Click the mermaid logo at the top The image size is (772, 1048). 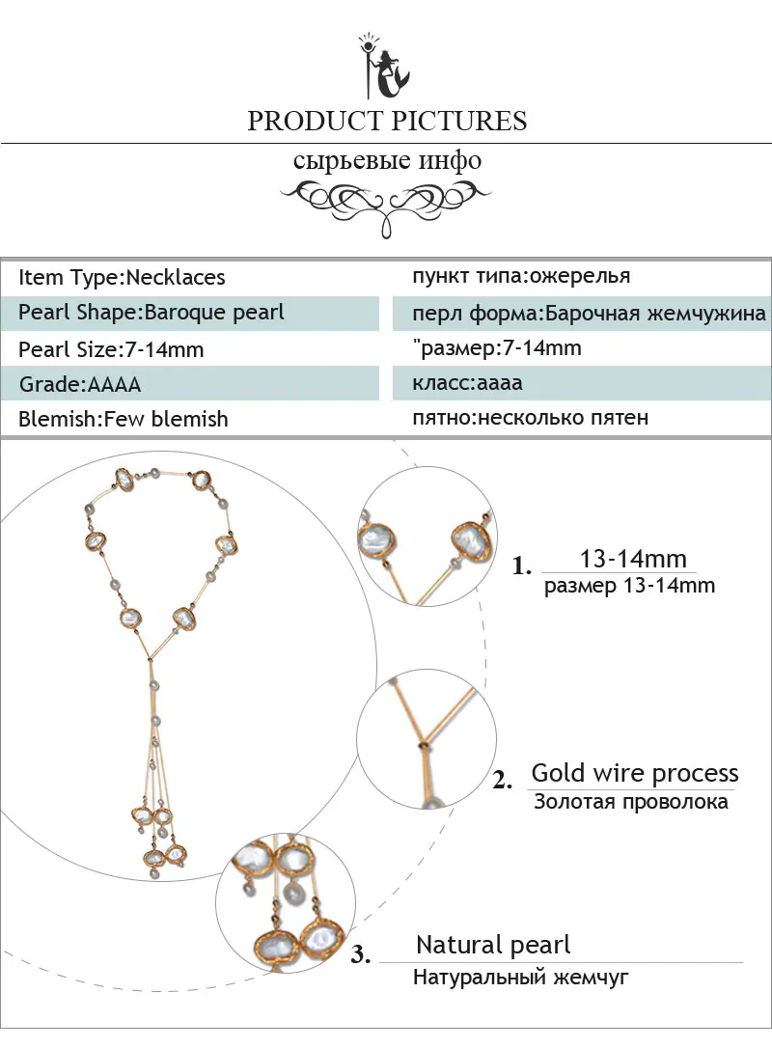[384, 67]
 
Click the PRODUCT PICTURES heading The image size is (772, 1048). [387, 121]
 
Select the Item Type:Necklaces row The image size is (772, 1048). [122, 277]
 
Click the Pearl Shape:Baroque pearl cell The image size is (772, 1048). [152, 313]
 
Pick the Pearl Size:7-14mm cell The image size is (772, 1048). [111, 349]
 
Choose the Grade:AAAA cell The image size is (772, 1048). [80, 384]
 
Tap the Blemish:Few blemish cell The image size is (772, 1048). [123, 419]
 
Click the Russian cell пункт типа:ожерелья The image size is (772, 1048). [521, 276]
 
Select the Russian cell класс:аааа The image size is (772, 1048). [467, 383]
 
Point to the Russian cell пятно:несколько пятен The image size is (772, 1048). [530, 418]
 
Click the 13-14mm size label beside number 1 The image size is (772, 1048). [633, 558]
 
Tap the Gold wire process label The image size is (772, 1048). [635, 773]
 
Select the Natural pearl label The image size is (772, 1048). [493, 945]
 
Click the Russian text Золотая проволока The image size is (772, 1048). [631, 801]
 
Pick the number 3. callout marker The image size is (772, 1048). [361, 954]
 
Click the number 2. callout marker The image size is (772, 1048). [503, 780]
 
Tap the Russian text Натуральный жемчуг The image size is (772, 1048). [521, 978]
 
